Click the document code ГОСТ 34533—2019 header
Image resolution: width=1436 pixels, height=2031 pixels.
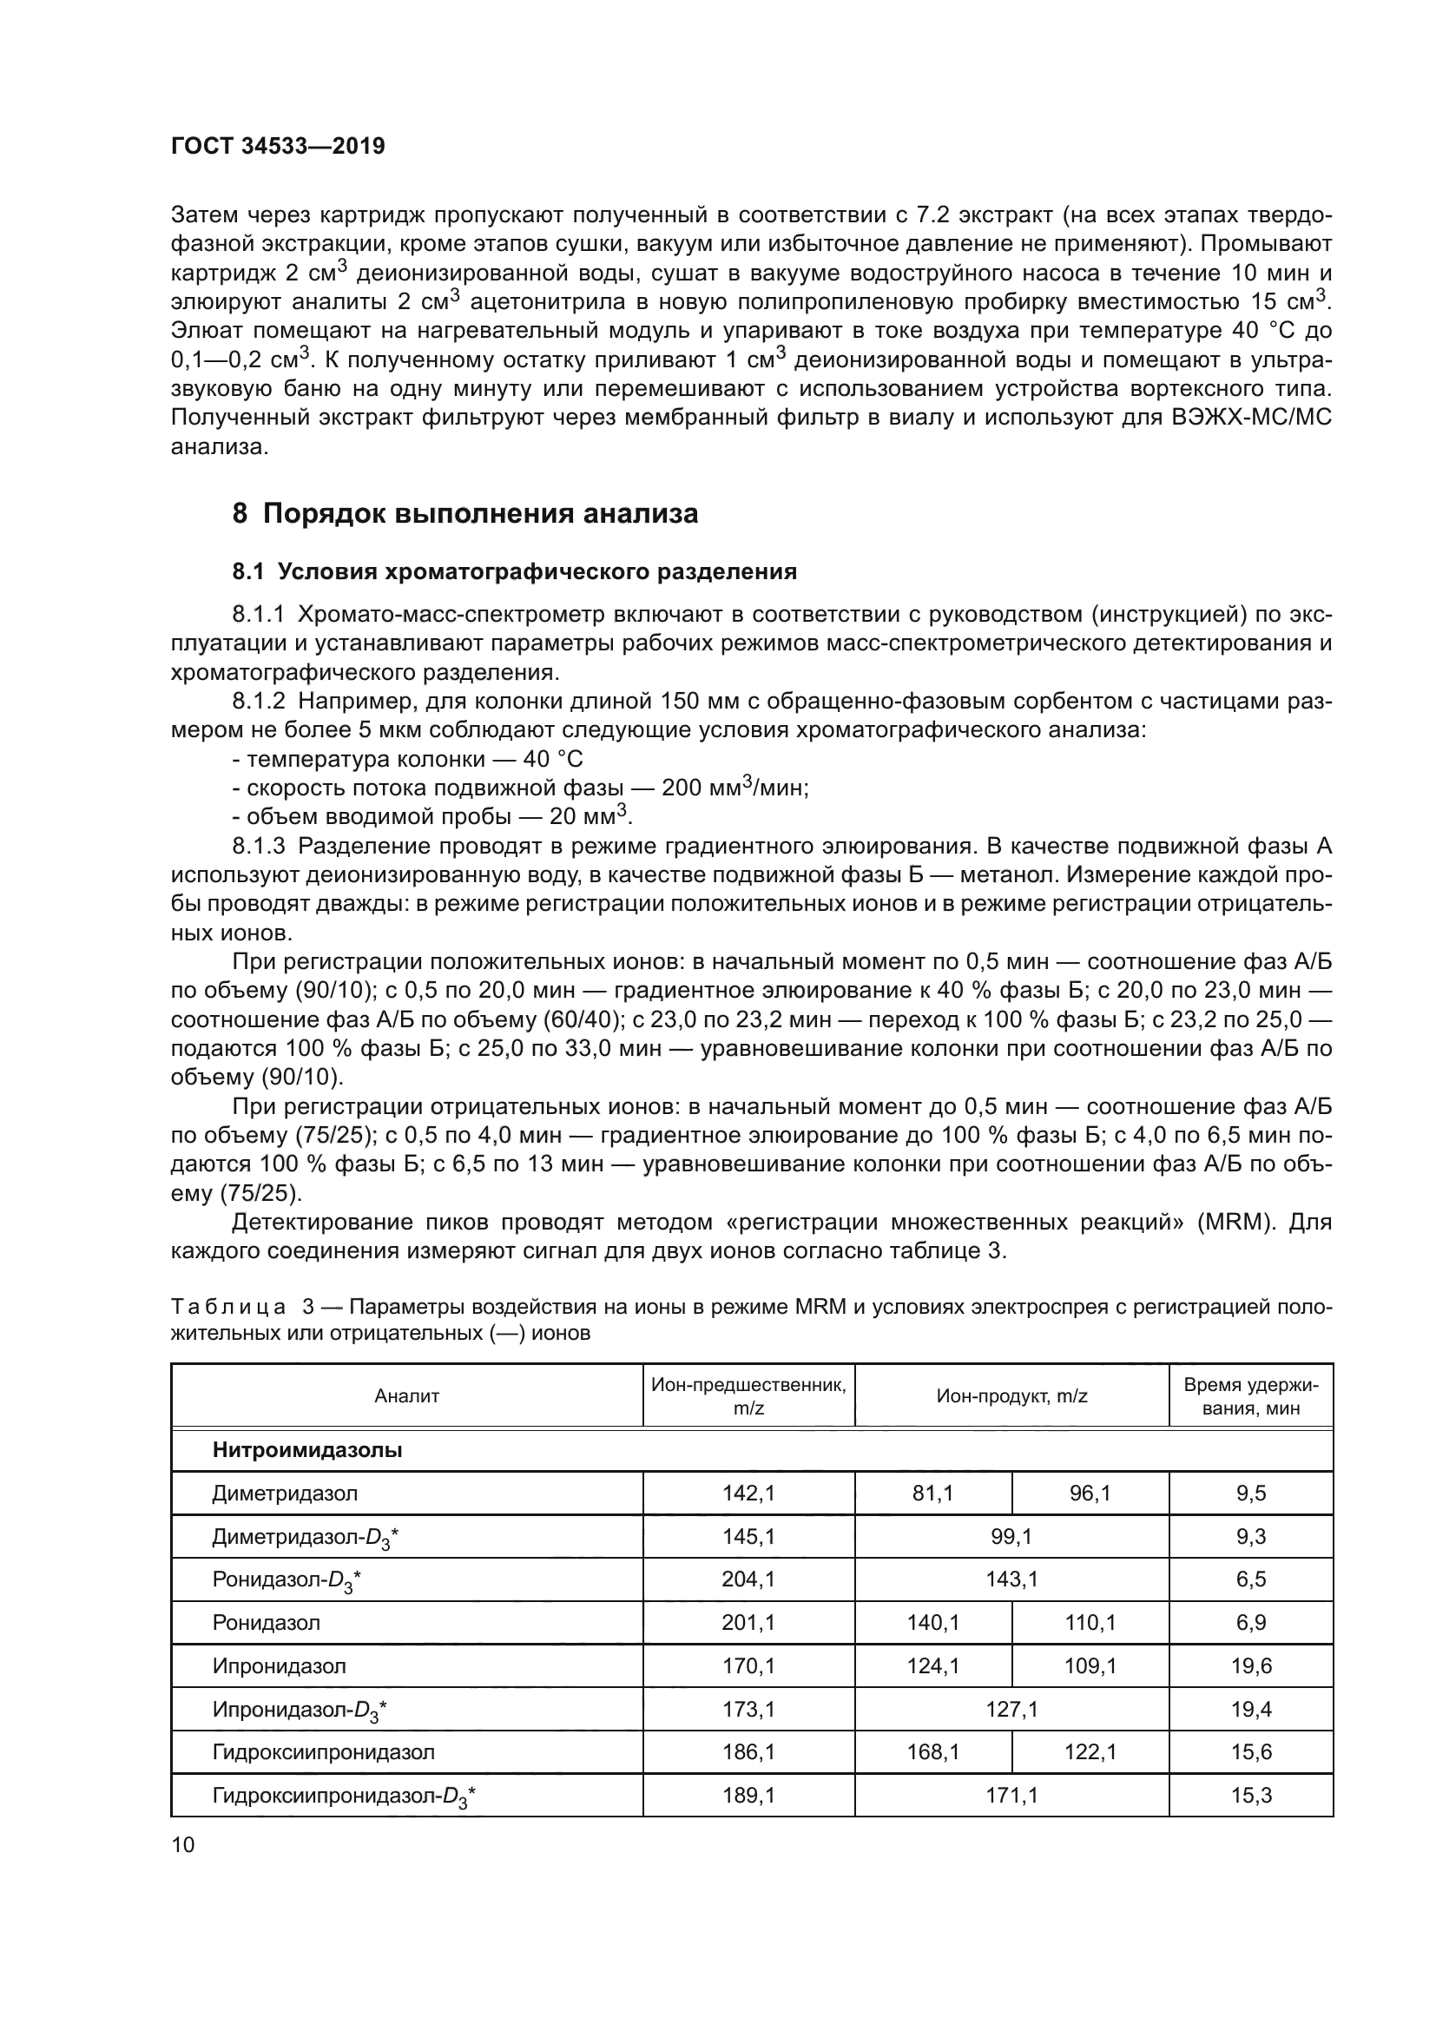(x=278, y=146)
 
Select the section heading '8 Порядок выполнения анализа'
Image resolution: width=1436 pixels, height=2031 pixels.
(x=465, y=513)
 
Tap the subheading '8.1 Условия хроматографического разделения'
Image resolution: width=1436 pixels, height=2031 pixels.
(x=515, y=571)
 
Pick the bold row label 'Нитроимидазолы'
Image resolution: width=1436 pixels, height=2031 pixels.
(x=306, y=1450)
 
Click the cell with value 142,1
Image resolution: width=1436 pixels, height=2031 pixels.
(x=748, y=1494)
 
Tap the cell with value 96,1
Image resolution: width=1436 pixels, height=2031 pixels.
(x=1090, y=1494)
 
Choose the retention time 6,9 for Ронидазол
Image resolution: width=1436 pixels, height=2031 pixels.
(x=1250, y=1622)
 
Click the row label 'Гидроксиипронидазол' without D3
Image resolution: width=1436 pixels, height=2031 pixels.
(x=324, y=1751)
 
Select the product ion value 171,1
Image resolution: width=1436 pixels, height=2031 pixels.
(x=1011, y=1795)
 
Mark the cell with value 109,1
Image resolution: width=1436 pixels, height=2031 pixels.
(x=1090, y=1665)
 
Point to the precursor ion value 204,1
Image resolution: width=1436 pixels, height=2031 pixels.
(x=748, y=1579)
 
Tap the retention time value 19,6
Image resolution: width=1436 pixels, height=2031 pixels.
(x=1250, y=1665)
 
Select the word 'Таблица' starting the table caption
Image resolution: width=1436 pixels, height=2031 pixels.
(x=228, y=1308)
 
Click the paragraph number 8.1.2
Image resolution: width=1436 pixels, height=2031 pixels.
(x=259, y=702)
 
